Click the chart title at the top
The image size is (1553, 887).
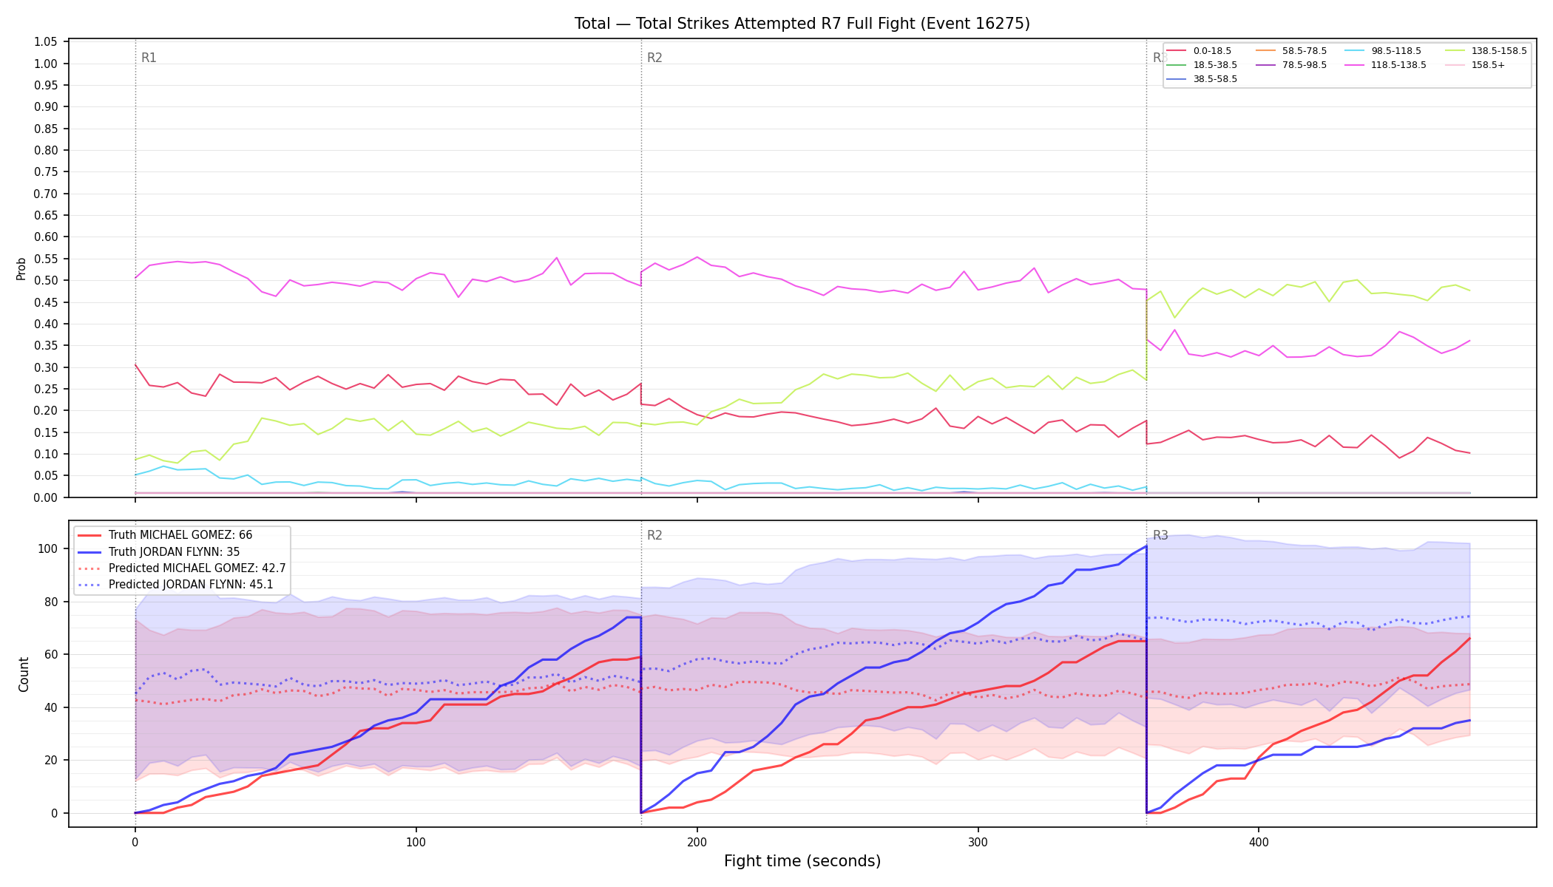coord(802,24)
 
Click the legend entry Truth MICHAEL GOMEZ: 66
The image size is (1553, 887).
coord(180,535)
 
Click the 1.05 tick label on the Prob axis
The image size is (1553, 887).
coord(46,42)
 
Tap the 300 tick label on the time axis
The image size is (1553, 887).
coord(978,842)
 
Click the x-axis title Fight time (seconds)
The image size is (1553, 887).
coord(802,861)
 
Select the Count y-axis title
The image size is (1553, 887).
coord(24,674)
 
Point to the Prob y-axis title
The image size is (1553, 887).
coord(21,268)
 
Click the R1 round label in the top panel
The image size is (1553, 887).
coord(149,58)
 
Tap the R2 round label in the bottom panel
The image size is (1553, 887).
coord(654,535)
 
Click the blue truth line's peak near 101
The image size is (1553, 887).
coord(1146,546)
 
